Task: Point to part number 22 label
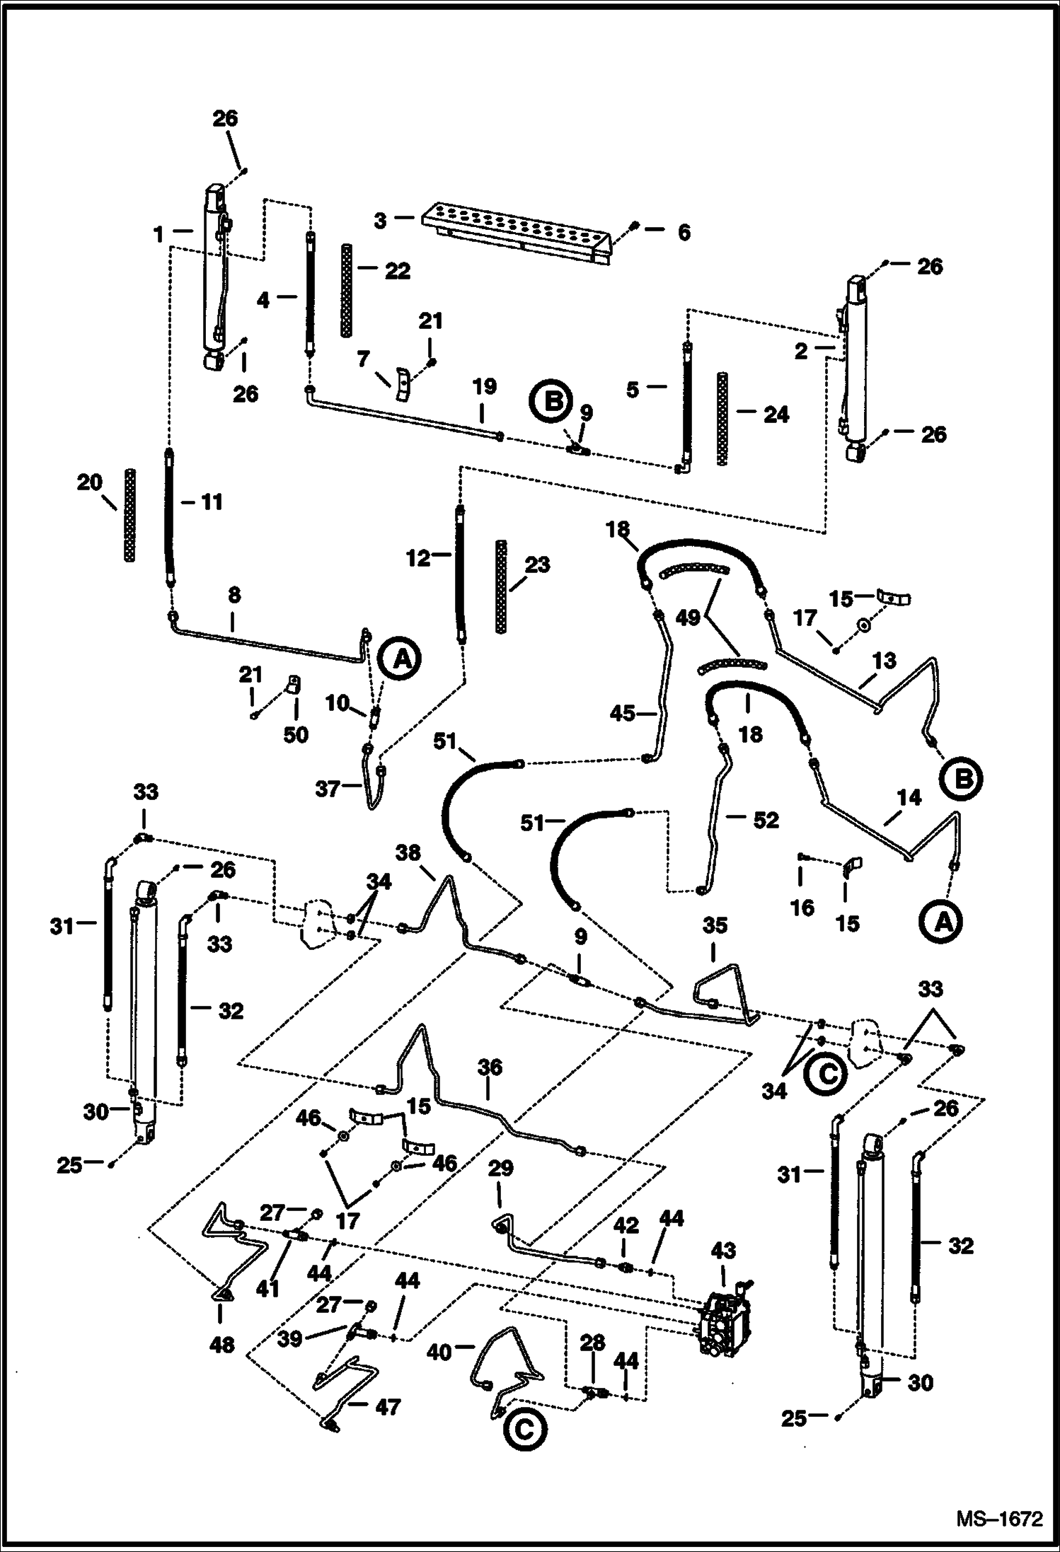click(397, 271)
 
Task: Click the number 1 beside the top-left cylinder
click(159, 234)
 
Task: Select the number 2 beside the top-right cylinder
click(800, 351)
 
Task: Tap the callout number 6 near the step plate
click(684, 233)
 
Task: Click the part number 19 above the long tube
click(485, 387)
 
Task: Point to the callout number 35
click(715, 925)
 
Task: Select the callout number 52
click(766, 820)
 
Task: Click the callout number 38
click(408, 853)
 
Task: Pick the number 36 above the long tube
click(490, 1067)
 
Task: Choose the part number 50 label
click(296, 735)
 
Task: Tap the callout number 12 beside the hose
click(417, 558)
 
